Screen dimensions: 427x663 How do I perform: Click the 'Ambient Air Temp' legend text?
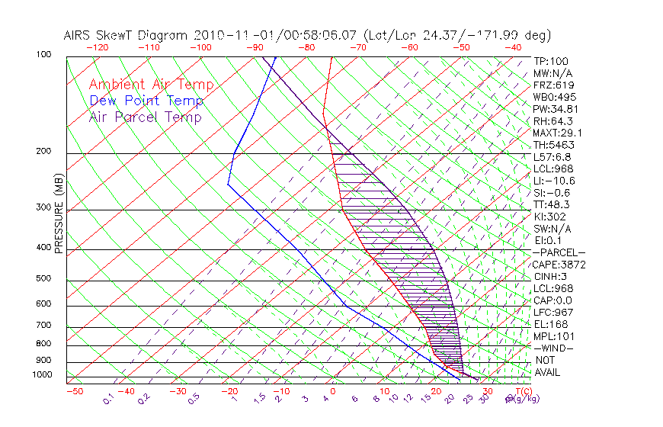pyautogui.click(x=151, y=85)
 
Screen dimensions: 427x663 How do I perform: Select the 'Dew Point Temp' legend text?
pyautogui.click(x=146, y=101)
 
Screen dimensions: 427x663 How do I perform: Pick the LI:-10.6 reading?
pyautogui.click(x=553, y=181)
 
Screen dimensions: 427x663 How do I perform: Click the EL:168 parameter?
pyautogui.click(x=549, y=324)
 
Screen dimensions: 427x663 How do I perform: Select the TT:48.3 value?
pyautogui.click(x=552, y=204)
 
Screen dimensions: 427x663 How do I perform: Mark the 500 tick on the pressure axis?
pyautogui.click(x=43, y=279)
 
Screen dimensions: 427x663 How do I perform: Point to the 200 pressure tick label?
pyautogui.click(x=43, y=152)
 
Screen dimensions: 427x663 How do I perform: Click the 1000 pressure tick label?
pyautogui.click(x=42, y=375)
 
